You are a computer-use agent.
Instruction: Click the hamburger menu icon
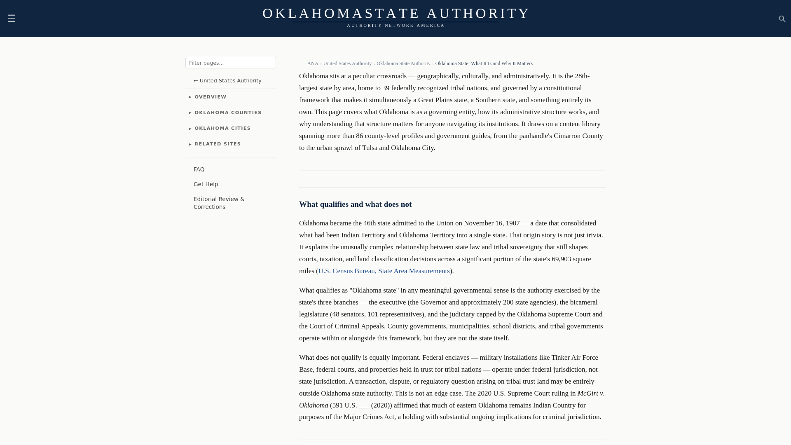12,19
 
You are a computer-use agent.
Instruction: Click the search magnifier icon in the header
782,19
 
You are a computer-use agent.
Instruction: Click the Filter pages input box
230,63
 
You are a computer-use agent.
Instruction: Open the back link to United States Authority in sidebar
227,81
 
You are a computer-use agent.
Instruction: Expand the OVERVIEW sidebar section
210,97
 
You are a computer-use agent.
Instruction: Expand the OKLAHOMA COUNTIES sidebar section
228,113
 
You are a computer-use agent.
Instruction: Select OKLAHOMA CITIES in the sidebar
222,129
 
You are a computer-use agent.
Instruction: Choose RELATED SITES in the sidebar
218,144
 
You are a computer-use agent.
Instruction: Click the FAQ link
199,170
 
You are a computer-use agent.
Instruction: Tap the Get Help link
206,185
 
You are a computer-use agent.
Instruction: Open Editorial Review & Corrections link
219,203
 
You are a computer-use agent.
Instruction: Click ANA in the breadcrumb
313,63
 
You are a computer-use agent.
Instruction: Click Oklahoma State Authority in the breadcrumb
403,63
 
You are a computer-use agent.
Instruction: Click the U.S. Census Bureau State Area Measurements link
384,271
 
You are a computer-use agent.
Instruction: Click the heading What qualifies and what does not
355,204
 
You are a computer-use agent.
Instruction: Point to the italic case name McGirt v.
590,393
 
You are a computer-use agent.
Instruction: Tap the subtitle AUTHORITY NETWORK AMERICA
395,26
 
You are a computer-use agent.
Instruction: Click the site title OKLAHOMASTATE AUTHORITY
395,14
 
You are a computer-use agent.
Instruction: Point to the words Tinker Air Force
574,358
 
